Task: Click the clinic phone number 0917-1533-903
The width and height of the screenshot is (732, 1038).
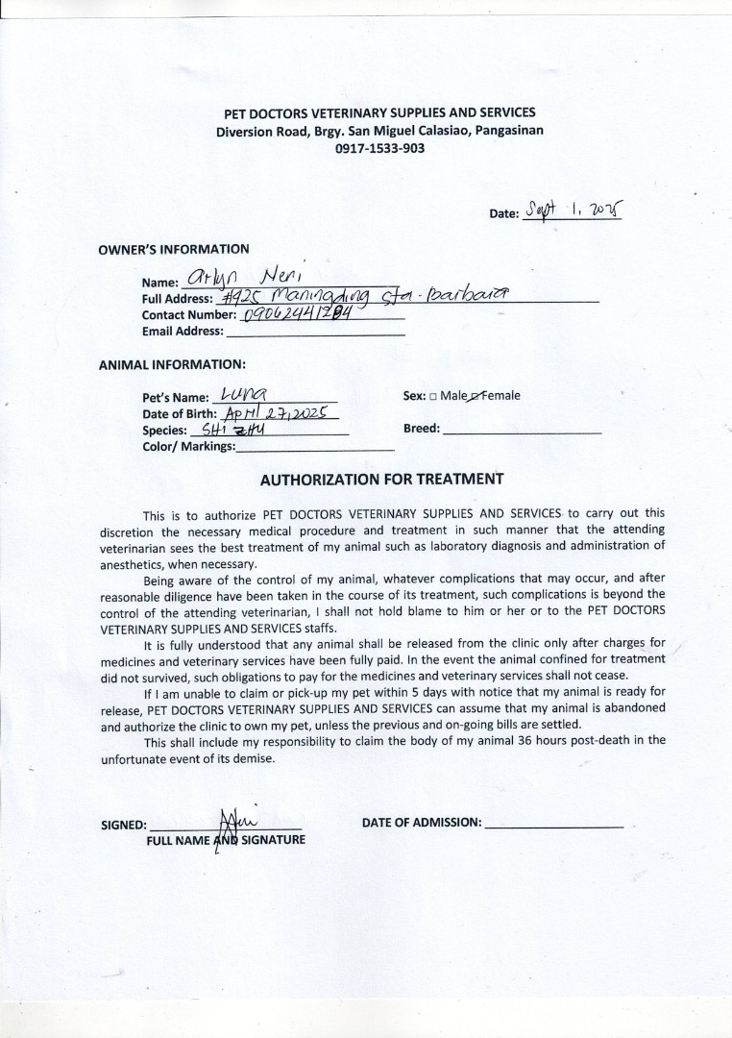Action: click(379, 148)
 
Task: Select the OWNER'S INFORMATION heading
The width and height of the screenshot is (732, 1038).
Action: click(173, 249)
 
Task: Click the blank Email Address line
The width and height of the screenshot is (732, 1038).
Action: click(314, 331)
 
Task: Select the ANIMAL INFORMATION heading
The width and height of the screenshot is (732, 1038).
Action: click(172, 364)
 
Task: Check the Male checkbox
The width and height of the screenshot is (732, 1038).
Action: click(433, 396)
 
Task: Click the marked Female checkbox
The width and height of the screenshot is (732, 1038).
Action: click(475, 396)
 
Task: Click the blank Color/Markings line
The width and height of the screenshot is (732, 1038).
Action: click(314, 447)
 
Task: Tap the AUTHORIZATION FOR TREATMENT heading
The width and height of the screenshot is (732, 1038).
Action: click(381, 479)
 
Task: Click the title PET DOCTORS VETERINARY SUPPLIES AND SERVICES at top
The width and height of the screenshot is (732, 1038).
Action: click(379, 113)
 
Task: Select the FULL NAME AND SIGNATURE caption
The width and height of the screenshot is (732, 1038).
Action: click(226, 839)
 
